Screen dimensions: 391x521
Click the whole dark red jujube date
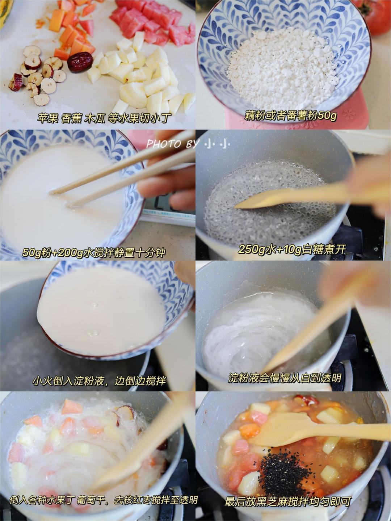point(80,62)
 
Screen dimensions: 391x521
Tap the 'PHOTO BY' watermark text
point(171,144)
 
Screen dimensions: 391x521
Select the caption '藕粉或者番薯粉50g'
point(290,116)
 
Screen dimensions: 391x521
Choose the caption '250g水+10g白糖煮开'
point(292,249)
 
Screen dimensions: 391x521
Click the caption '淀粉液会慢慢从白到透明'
point(285,378)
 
